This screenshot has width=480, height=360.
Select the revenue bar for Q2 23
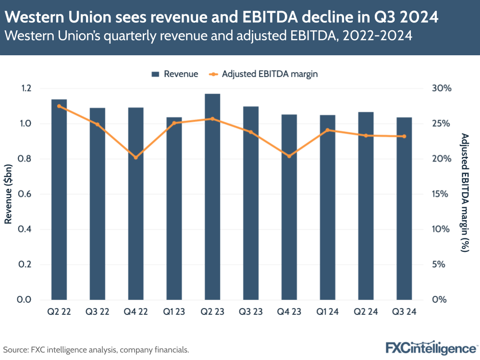(212, 197)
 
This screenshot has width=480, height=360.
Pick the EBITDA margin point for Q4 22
(135, 157)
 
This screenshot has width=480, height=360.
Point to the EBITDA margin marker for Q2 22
(59, 106)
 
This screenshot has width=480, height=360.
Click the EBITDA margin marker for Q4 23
(289, 156)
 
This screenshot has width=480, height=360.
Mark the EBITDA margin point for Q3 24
(404, 137)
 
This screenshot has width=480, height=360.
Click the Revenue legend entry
(175, 74)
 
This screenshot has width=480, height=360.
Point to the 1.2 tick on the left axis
(25, 88)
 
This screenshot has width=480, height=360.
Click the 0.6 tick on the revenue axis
(25, 194)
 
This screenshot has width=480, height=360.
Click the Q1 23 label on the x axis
(174, 312)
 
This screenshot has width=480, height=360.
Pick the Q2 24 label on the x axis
(366, 312)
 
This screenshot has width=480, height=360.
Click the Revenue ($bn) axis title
(8, 194)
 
